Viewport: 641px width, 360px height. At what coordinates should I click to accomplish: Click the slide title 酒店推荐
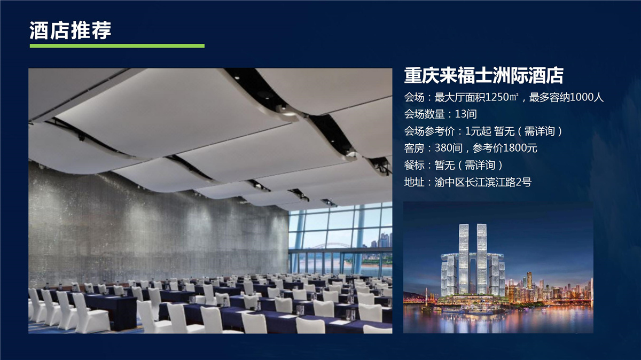coord(71,30)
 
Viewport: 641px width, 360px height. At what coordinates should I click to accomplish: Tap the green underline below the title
coord(117,46)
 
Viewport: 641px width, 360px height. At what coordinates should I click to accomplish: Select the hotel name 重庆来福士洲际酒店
coord(483,75)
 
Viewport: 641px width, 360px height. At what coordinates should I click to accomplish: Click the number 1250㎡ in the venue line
coord(502,97)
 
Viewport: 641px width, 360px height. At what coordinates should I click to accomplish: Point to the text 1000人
coord(587,97)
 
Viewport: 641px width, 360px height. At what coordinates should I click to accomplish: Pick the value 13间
coord(466,114)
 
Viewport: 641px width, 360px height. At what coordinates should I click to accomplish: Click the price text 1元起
coord(478,131)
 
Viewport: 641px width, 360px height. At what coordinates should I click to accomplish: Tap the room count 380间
coord(449,148)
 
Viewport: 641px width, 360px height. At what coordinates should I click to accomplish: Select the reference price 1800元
coord(520,148)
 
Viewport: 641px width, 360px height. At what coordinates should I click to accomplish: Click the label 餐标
coord(414,165)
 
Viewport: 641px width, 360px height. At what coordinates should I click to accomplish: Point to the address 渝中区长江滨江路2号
coord(483,182)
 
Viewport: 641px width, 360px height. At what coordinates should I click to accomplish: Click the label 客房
coord(414,148)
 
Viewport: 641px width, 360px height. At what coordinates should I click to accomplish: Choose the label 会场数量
coord(424,114)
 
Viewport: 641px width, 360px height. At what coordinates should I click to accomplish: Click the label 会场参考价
coord(429,131)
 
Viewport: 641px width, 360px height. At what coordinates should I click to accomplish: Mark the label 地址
coord(414,182)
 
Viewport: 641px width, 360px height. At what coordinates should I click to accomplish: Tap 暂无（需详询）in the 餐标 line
coord(468,165)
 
